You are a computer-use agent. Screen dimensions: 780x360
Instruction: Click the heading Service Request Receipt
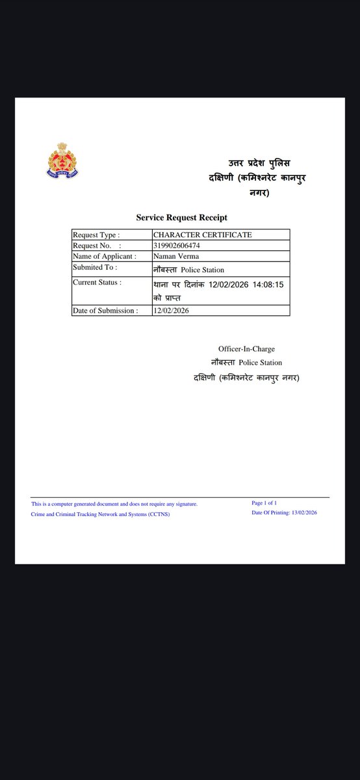[181, 217]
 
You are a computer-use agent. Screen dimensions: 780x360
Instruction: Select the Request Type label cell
[96, 235]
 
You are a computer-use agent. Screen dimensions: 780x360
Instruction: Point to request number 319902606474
[177, 246]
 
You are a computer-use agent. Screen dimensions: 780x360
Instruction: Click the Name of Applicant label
[105, 256]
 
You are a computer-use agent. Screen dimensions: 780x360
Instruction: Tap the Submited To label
[95, 267]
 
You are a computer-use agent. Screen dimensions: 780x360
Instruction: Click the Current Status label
[97, 281]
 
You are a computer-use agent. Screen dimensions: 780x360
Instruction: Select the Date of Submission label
[105, 311]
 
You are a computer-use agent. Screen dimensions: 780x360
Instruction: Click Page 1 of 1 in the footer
[264, 502]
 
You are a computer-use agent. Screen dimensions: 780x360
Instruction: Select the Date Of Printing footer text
[284, 513]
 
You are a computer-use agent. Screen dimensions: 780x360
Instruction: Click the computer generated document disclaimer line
[114, 504]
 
